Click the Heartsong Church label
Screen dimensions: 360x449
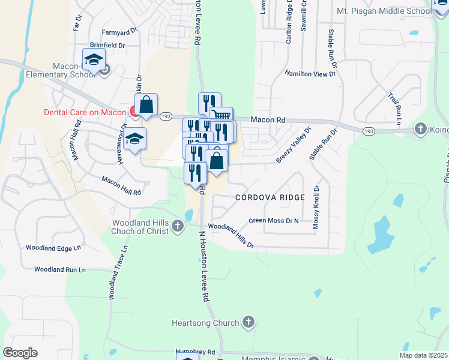point(205,323)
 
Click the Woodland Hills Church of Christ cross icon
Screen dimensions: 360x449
point(177,226)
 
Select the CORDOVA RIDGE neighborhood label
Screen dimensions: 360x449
point(270,197)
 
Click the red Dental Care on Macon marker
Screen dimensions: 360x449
point(134,111)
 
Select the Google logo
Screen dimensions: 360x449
point(20,353)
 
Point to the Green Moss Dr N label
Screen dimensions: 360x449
point(274,221)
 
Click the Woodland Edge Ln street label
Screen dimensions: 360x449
point(53,248)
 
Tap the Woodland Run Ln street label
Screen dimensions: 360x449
point(59,270)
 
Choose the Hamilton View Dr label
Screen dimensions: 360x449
point(310,73)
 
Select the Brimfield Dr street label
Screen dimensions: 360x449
point(107,45)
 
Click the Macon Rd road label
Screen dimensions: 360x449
point(268,120)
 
